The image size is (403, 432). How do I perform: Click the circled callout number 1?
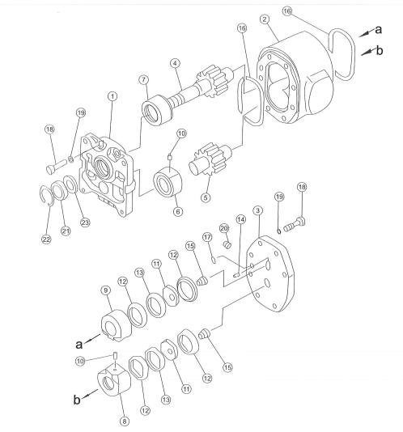(112, 96)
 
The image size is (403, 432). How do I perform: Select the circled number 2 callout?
(265, 19)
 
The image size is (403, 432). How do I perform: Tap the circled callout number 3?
(257, 210)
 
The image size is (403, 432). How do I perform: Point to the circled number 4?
(175, 63)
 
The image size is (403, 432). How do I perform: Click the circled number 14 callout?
(241, 219)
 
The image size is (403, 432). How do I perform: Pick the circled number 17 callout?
(207, 237)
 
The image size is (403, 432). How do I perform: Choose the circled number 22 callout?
(46, 239)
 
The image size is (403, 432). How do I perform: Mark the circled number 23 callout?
(85, 222)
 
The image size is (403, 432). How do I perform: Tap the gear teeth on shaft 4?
(214, 81)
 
